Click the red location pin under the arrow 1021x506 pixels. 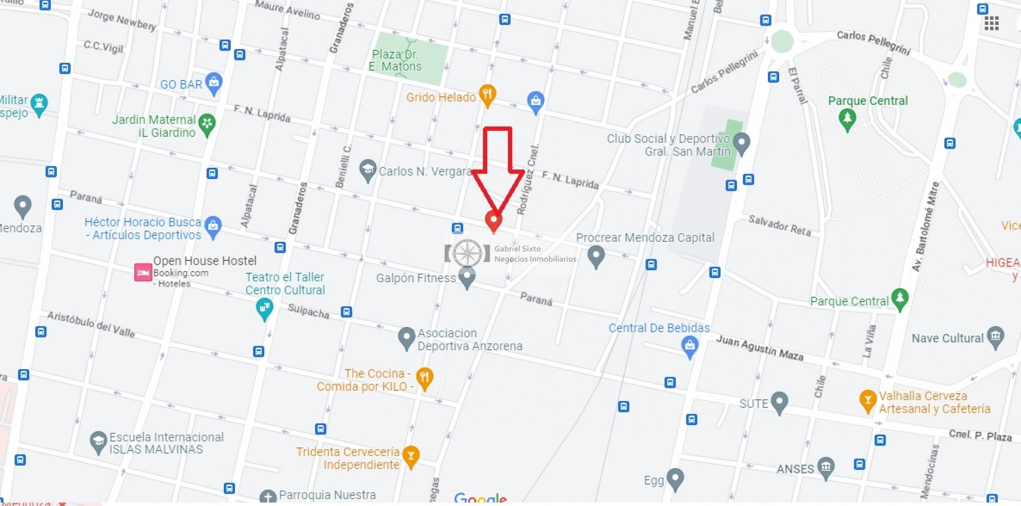tap(493, 219)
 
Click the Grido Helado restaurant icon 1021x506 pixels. tap(487, 95)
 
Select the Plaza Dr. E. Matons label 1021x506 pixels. tap(395, 60)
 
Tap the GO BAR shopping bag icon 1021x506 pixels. tap(214, 83)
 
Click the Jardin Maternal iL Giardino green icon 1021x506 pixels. tap(207, 125)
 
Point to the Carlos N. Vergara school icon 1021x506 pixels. tap(367, 170)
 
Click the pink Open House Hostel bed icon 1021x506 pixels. tap(143, 272)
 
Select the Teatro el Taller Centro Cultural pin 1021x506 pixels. tap(264, 308)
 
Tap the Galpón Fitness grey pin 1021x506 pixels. tap(467, 277)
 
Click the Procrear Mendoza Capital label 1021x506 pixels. tap(645, 238)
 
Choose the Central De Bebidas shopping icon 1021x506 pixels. tap(690, 347)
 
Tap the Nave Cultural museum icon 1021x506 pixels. tap(995, 336)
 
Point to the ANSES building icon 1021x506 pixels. tap(825, 467)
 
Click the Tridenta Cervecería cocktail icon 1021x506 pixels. tap(410, 456)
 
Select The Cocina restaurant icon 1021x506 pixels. tap(424, 378)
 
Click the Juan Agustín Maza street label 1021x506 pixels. tap(759, 347)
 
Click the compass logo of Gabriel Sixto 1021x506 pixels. tap(467, 253)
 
